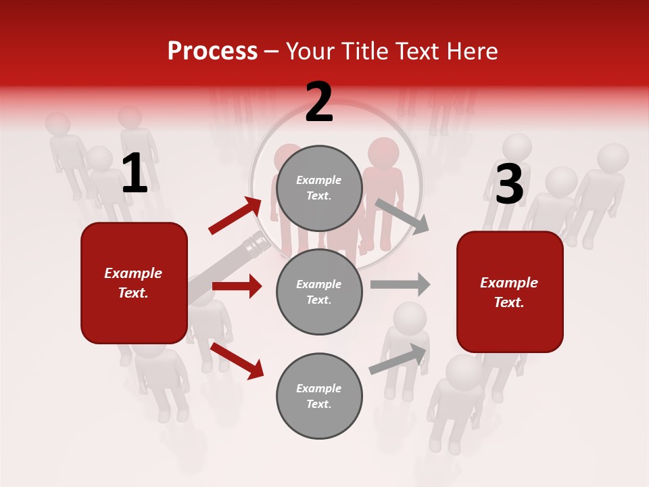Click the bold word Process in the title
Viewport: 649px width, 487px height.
[212, 51]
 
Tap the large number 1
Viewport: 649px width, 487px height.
[135, 174]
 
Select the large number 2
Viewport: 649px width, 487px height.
[319, 103]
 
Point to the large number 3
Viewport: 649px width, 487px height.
[509, 184]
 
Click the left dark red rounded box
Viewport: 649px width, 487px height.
[134, 283]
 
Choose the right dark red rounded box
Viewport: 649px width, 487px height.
[510, 292]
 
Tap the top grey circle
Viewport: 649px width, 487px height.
[319, 188]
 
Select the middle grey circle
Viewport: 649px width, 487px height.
[319, 292]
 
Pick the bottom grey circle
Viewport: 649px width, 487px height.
[319, 396]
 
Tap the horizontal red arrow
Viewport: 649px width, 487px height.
[237, 286]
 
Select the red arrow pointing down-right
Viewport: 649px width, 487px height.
[237, 361]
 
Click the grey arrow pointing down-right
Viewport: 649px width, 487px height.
[402, 216]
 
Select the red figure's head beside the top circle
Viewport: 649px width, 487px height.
[384, 152]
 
